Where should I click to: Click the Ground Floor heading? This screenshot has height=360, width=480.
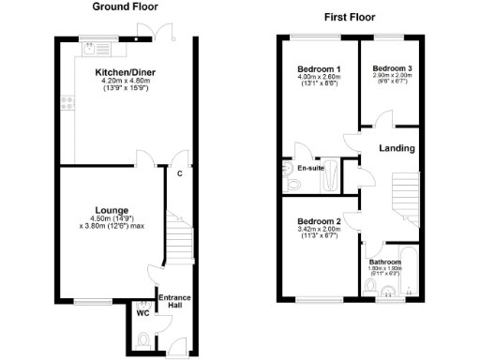pyautogui.click(x=125, y=7)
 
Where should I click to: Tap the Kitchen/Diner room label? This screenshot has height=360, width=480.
pyautogui.click(x=125, y=72)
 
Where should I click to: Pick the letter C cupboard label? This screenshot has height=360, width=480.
pyautogui.click(x=179, y=172)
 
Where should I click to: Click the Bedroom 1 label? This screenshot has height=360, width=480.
pyautogui.click(x=318, y=69)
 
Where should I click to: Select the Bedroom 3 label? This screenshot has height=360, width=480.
pyautogui.click(x=391, y=68)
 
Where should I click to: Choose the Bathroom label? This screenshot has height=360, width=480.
pyautogui.click(x=385, y=262)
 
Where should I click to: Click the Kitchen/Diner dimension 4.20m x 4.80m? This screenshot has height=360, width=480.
pyautogui.click(x=125, y=82)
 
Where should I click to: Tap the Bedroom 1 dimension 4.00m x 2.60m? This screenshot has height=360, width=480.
pyautogui.click(x=318, y=77)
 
